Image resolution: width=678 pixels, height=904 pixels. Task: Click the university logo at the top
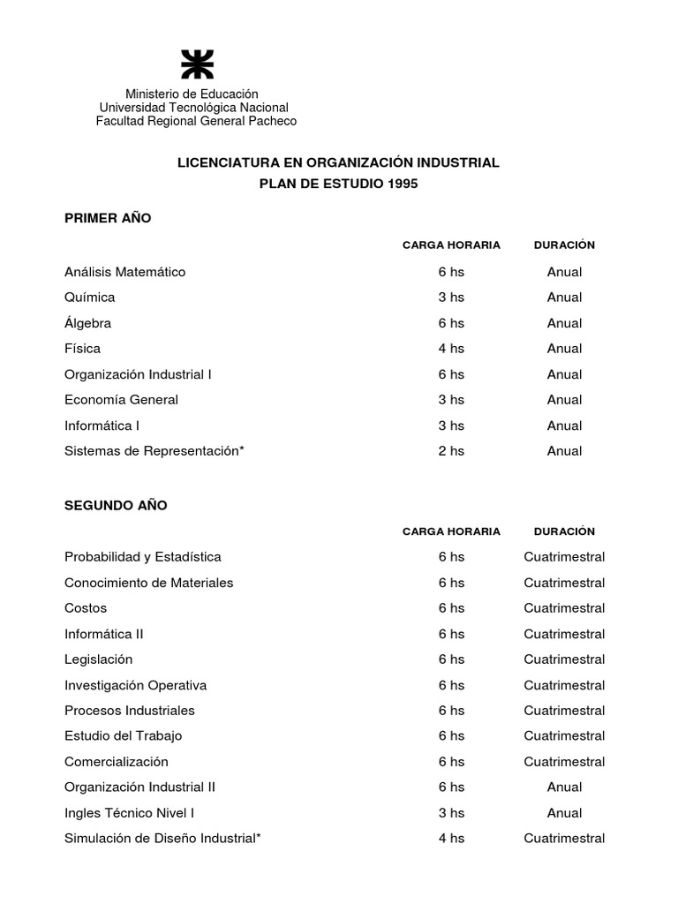tap(196, 65)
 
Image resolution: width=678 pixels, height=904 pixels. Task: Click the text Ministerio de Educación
tap(192, 94)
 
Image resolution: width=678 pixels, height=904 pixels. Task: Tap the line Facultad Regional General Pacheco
tap(196, 121)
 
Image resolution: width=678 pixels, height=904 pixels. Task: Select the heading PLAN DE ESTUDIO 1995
tap(339, 184)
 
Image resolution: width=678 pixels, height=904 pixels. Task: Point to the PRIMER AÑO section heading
tap(108, 218)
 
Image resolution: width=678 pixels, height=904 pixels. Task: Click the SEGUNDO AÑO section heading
tap(116, 506)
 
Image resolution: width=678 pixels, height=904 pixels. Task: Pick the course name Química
tap(89, 298)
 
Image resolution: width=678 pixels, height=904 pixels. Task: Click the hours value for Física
tap(451, 349)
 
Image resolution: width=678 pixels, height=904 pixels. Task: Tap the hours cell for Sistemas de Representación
tap(451, 451)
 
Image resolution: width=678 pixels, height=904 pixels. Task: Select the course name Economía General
tap(121, 400)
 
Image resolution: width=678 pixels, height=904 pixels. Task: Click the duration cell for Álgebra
tap(564, 323)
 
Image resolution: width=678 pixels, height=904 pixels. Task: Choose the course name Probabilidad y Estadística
tap(143, 557)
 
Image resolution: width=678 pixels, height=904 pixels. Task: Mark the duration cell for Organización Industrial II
tap(564, 787)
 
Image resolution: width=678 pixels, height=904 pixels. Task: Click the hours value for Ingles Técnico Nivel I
tap(451, 813)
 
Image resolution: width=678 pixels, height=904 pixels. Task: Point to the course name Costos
tap(86, 608)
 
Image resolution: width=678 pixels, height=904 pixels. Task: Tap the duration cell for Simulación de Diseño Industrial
tap(564, 839)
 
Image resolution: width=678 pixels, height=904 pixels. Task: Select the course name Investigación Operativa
tap(135, 685)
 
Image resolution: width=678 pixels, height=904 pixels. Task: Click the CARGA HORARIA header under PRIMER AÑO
tap(451, 245)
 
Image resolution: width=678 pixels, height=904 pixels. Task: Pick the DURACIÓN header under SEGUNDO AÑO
tap(564, 531)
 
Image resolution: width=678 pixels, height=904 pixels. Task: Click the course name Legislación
tap(98, 659)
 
